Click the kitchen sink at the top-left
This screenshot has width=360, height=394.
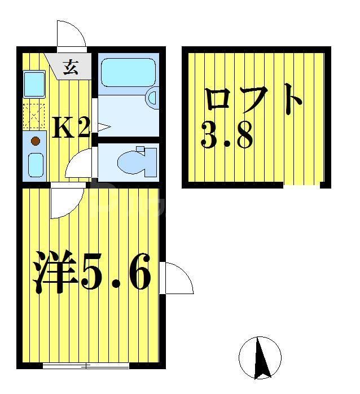point(34,84)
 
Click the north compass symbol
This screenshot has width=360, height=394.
point(260,357)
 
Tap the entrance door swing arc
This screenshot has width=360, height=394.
point(72,35)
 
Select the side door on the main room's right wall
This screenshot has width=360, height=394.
point(176,278)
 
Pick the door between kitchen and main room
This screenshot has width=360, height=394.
point(65,202)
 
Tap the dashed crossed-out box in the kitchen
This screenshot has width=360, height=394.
point(34,115)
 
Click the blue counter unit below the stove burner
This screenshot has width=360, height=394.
point(35,164)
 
